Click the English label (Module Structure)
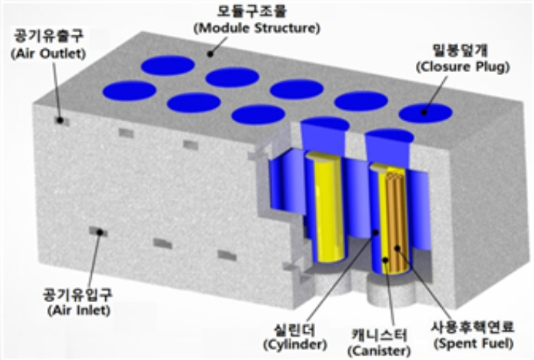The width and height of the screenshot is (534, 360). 256,29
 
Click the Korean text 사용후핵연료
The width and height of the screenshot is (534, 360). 474,329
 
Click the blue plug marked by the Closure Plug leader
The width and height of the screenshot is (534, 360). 425,113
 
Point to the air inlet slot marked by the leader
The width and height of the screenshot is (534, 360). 98,231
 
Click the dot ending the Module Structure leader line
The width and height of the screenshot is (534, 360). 211,53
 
